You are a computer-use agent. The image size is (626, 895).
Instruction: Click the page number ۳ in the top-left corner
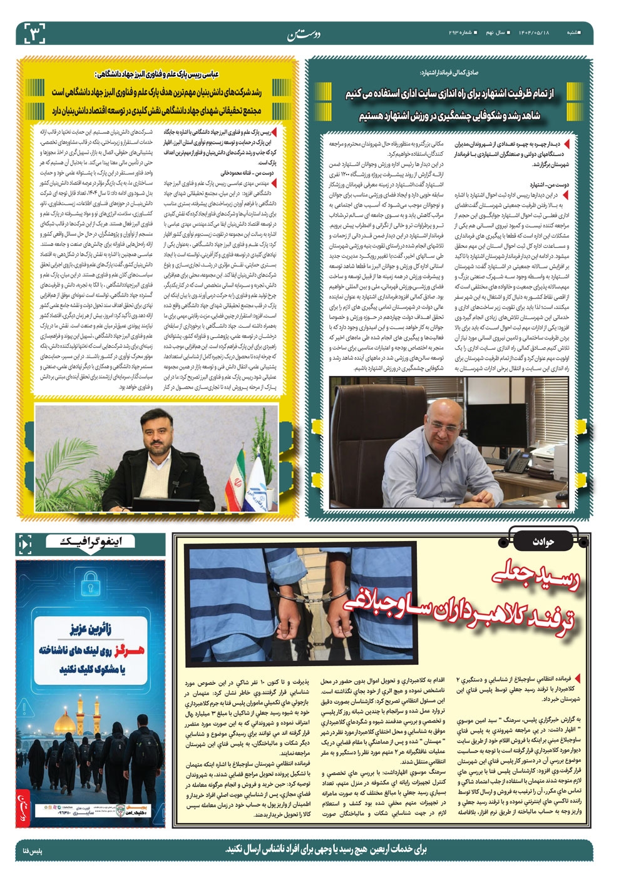[x=35, y=33]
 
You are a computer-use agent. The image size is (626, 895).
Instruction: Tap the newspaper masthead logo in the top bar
[x=303, y=33]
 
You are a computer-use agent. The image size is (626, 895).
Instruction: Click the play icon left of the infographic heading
[x=25, y=545]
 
